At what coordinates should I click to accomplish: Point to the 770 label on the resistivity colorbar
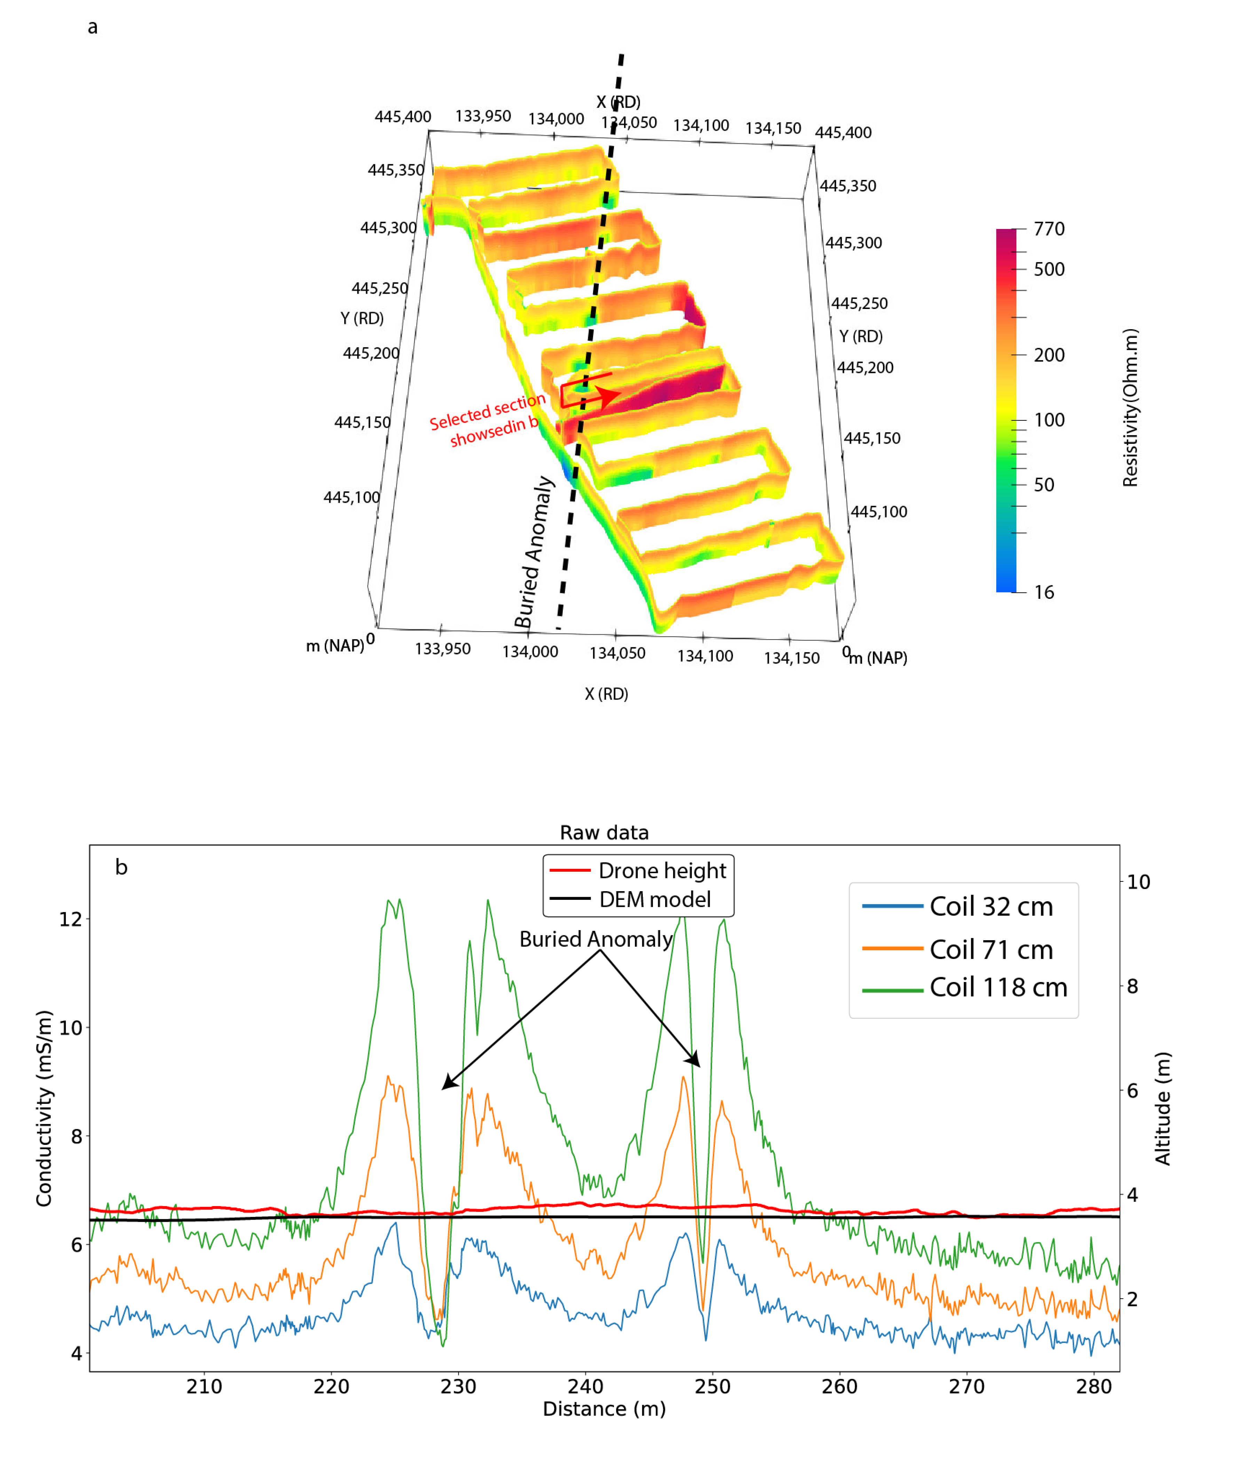pos(1049,229)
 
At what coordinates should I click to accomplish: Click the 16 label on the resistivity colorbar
pos(1044,593)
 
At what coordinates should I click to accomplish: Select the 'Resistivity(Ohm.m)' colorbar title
pos(1130,408)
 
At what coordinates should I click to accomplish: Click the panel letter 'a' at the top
pos(93,27)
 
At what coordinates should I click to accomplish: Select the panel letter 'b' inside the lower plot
pos(121,867)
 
